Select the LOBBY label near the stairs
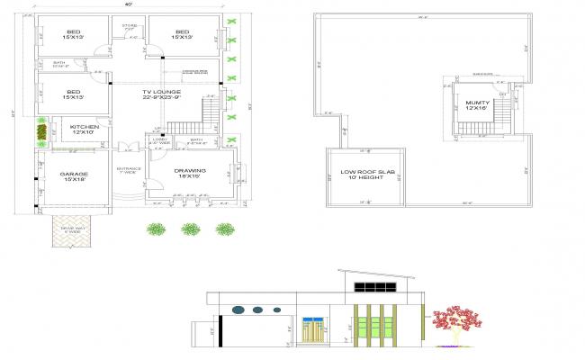160,141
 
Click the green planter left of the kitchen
41,134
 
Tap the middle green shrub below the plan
189,229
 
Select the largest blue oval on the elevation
238,310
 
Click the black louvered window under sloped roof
372,289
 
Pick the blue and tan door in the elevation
313,329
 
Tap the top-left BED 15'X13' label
73,34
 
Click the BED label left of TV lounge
73,94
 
